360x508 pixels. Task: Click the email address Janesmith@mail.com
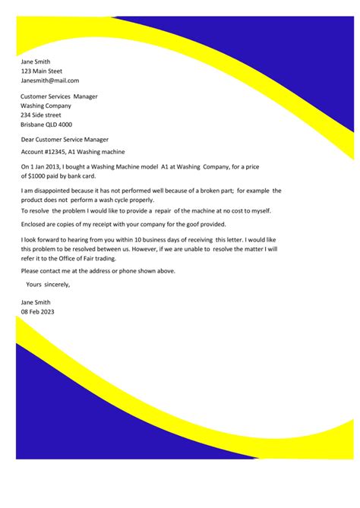point(50,80)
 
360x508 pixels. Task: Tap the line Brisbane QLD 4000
point(46,125)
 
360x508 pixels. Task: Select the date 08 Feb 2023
point(38,312)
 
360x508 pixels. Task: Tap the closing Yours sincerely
point(48,285)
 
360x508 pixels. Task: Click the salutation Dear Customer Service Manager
point(65,140)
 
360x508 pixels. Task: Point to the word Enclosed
point(35,225)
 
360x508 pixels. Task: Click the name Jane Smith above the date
point(38,303)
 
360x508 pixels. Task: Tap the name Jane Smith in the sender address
point(36,61)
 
